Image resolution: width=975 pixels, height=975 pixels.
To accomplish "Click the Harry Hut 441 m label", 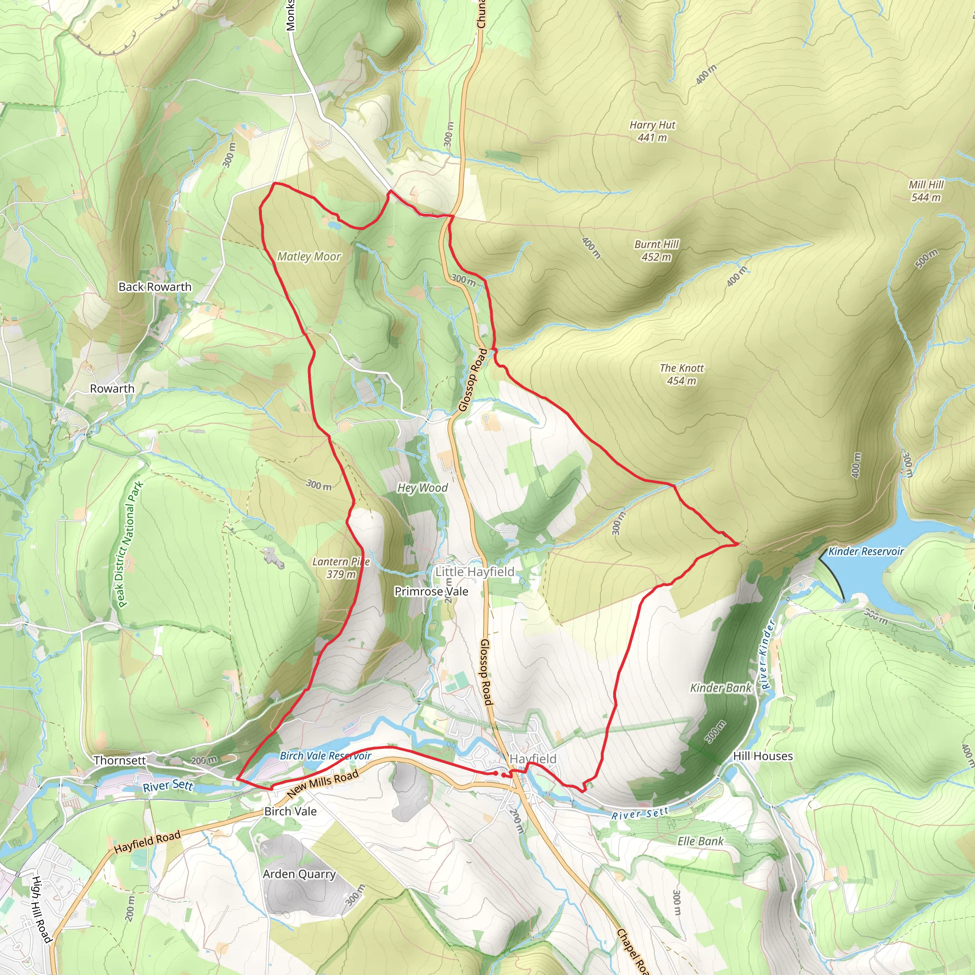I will point(652,131).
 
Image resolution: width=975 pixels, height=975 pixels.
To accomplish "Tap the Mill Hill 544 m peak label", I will point(926,191).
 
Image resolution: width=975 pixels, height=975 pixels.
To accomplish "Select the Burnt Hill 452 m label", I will point(657,250).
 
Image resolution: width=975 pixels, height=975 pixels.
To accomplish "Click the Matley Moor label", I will point(309,257).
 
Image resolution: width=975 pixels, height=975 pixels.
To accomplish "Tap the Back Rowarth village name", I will point(155,287).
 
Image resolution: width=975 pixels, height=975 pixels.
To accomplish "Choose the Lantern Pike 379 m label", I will point(341,568).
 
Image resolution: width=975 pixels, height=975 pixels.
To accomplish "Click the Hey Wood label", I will point(422,487).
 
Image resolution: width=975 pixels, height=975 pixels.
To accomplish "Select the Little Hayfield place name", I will point(475,572).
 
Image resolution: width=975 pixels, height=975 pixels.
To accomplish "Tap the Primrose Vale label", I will point(431,591).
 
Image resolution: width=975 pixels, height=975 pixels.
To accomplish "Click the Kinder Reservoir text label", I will point(866,552).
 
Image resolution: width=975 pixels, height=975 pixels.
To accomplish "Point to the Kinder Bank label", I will point(721,688).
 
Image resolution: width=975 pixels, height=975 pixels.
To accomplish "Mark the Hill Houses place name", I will point(763,756).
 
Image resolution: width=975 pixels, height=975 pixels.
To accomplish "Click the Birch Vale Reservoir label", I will point(326,756).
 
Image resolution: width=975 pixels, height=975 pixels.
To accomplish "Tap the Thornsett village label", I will point(119,760).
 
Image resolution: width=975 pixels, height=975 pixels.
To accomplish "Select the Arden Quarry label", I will point(299,874).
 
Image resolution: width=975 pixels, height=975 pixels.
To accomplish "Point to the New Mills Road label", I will point(323,783).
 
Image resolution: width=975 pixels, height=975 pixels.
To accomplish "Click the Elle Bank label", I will point(700,841).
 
